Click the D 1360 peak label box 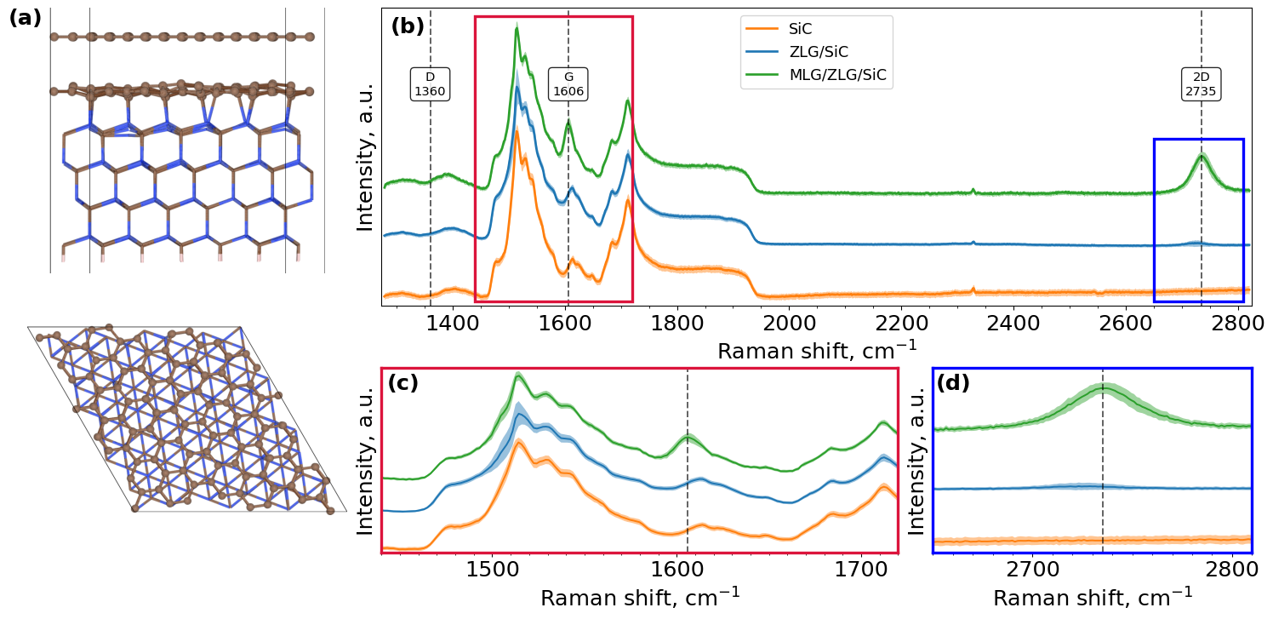coord(430,83)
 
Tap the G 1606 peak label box coord(568,83)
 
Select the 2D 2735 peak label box coord(1201,83)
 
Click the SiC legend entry coord(801,29)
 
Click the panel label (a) coord(25,19)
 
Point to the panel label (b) coord(407,26)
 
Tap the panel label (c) coord(402,383)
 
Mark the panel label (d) coord(952,383)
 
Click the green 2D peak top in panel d coord(1104,387)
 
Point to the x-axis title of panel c coord(640,597)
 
